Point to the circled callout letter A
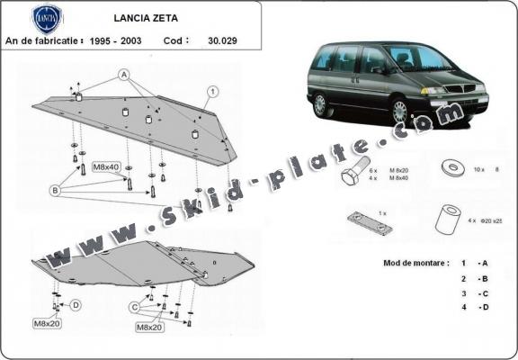click(x=123, y=74)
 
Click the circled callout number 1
click(x=212, y=91)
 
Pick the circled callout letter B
click(x=55, y=190)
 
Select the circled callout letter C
click(x=134, y=307)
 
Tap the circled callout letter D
click(x=76, y=305)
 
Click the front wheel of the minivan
click(x=399, y=112)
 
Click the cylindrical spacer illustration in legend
click(x=447, y=220)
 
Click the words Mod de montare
click(x=405, y=262)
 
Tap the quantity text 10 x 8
click(x=487, y=169)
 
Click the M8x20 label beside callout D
click(x=47, y=322)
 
